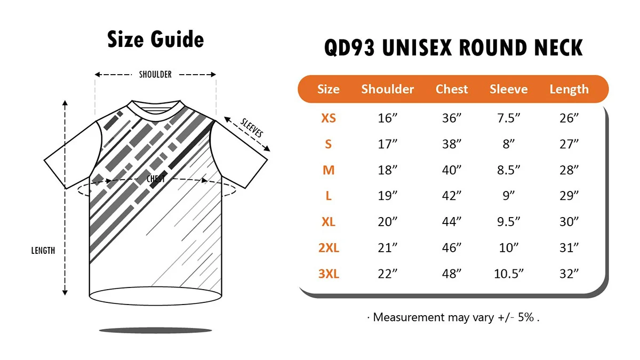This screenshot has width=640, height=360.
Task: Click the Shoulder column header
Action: click(387, 89)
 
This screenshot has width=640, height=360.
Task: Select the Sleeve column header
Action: click(509, 89)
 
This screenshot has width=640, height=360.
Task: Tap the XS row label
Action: click(329, 118)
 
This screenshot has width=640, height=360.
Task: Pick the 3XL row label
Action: click(329, 274)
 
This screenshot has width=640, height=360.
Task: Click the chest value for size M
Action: click(451, 170)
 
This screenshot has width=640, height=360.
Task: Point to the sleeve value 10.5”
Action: click(509, 274)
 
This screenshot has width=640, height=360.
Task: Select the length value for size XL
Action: click(569, 222)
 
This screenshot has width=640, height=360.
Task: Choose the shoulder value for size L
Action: click(387, 196)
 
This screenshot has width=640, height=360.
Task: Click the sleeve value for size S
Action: click(509, 144)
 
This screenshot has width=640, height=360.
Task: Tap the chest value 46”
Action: click(451, 247)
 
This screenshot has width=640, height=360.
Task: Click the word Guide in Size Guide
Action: click(178, 39)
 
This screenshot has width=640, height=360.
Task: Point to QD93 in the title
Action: click(349, 47)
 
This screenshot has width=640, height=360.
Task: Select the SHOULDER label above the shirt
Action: click(155, 75)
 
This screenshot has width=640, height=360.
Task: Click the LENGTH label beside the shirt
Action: click(43, 251)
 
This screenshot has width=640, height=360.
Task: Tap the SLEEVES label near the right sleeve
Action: click(251, 127)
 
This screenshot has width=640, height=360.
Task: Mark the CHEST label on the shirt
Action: click(156, 179)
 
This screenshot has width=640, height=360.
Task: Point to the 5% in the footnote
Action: click(526, 317)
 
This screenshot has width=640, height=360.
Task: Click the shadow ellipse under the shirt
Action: click(155, 331)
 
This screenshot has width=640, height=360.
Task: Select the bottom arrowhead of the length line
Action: click(65, 293)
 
